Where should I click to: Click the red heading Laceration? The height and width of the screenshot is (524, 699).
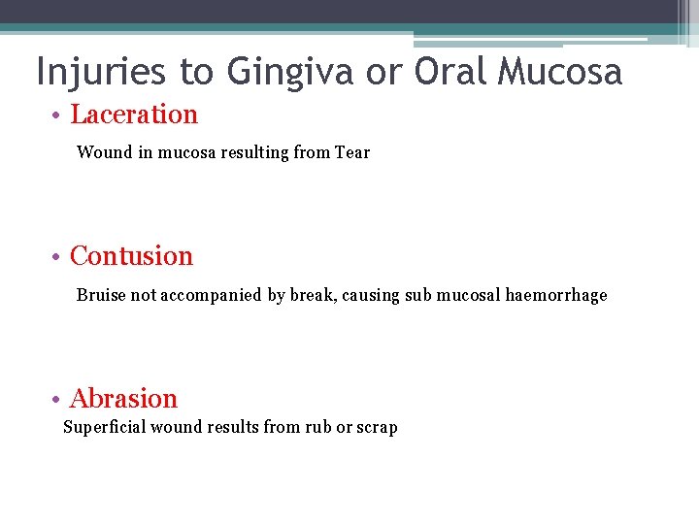click(x=134, y=115)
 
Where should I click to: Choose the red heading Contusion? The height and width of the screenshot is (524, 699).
click(x=132, y=256)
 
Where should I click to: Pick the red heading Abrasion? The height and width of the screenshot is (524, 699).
click(x=124, y=399)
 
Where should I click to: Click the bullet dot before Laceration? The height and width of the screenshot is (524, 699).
click(x=58, y=115)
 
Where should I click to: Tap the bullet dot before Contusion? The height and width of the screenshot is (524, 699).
click(x=58, y=257)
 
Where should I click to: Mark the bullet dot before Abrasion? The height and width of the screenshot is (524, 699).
click(x=58, y=400)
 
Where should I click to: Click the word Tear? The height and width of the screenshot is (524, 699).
click(x=352, y=152)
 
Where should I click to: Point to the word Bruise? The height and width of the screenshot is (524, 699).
click(x=102, y=295)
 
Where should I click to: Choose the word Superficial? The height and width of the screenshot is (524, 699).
click(x=104, y=428)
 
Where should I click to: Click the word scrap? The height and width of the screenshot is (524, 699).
click(x=378, y=428)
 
